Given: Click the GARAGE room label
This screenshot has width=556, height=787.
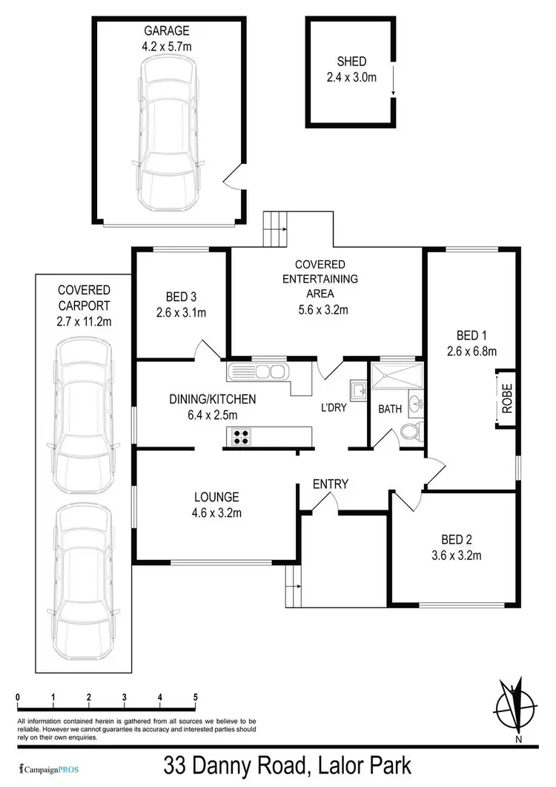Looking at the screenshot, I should (168, 31).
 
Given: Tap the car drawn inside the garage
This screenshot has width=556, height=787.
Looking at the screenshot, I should (168, 135).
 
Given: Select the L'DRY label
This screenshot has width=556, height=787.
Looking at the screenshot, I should (334, 407).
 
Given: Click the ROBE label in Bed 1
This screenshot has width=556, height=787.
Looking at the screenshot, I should (507, 398).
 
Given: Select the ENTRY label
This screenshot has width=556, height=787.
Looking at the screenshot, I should (331, 484).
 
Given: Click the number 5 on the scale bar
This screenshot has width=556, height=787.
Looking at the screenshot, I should (196, 697).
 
